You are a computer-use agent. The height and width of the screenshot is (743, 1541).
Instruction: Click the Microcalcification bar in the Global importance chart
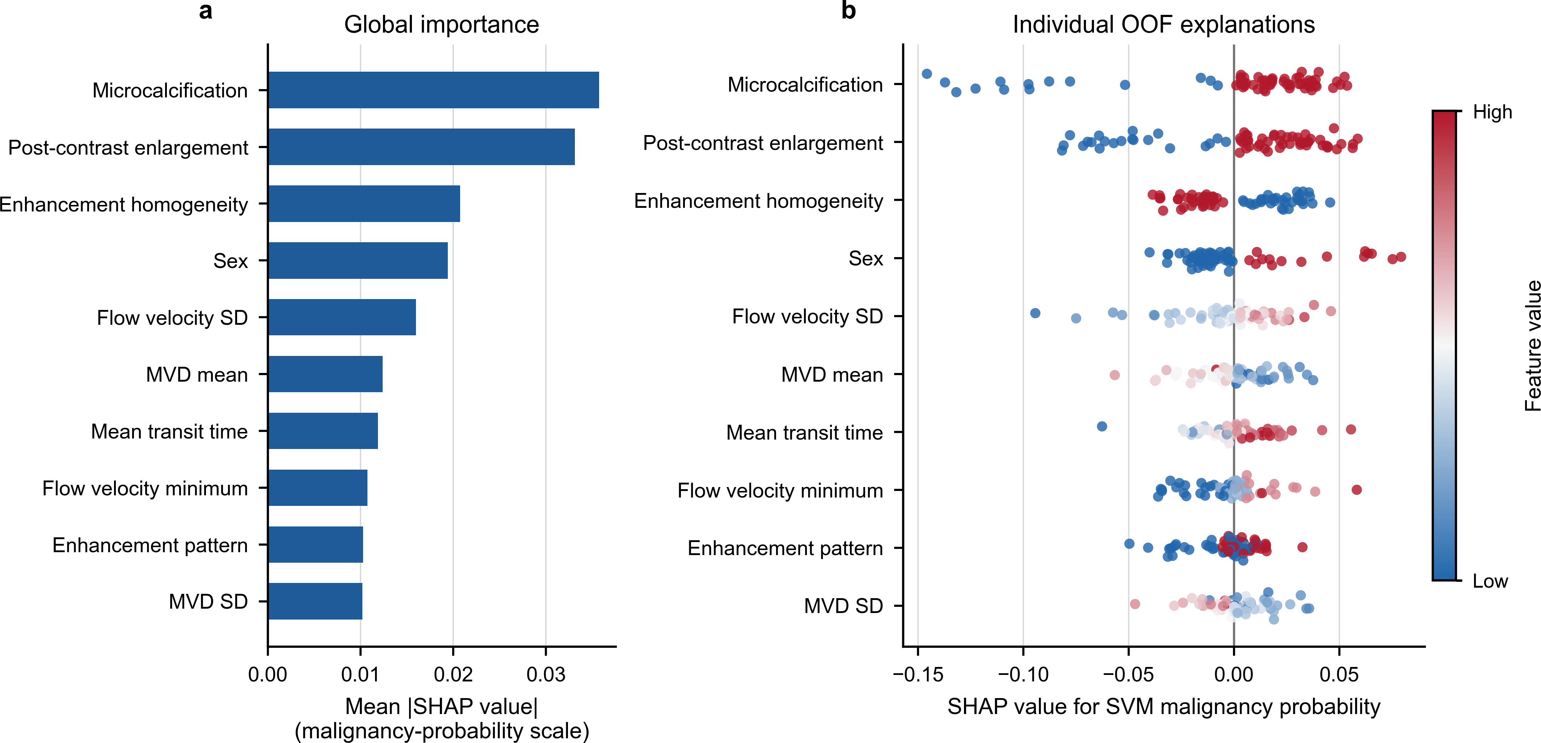point(433,90)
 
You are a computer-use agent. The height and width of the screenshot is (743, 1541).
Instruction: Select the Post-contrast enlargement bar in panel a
point(421,147)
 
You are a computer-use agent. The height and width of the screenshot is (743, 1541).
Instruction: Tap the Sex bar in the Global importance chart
point(358,261)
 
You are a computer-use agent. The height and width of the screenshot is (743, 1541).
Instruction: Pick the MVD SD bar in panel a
point(315,601)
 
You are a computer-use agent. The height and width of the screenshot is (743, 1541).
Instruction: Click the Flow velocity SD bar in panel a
point(342,317)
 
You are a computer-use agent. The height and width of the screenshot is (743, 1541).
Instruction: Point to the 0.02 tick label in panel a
point(453,675)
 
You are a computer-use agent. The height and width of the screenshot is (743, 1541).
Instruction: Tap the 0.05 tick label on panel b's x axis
point(1339,675)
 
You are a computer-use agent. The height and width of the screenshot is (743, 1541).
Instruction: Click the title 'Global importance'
point(442,25)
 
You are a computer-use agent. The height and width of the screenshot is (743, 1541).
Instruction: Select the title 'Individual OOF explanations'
point(1163,25)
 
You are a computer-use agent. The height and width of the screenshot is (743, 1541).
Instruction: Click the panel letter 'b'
point(848,10)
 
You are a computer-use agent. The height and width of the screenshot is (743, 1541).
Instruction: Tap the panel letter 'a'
point(205,11)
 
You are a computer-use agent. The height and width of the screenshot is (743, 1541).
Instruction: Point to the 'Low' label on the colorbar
point(1490,581)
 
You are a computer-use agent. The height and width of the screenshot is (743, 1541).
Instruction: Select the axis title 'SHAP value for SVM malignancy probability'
point(1163,706)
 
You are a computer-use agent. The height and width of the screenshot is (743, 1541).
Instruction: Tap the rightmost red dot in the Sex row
point(1401,257)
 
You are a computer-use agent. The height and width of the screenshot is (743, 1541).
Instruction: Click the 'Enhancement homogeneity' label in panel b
point(758,201)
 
